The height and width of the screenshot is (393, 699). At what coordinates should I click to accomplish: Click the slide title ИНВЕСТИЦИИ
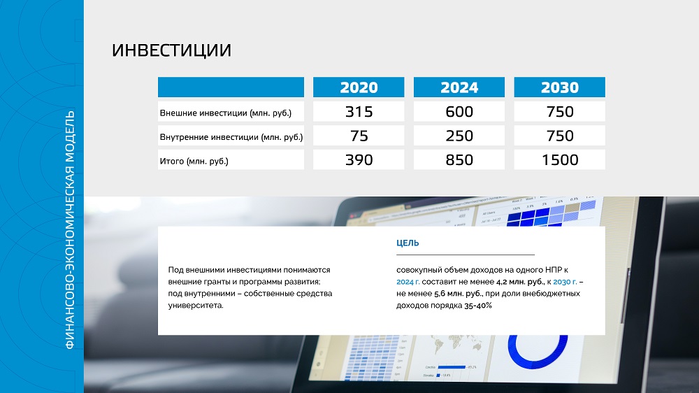[x=172, y=50]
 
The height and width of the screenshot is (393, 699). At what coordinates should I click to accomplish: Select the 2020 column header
[x=359, y=87]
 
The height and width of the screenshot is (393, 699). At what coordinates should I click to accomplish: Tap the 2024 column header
[x=459, y=87]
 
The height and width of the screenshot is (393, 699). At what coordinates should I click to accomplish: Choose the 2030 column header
[x=559, y=87]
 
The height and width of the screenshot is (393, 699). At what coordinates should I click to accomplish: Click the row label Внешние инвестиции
[x=226, y=113]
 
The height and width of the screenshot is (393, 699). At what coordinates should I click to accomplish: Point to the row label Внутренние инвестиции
[x=231, y=137]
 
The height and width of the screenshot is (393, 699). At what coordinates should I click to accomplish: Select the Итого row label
[x=194, y=161]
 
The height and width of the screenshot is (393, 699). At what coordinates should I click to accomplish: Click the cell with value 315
[x=359, y=111]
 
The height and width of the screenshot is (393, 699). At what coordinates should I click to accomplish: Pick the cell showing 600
[x=459, y=111]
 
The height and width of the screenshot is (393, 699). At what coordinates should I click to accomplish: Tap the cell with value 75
[x=359, y=136]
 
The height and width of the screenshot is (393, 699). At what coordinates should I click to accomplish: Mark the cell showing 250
[x=459, y=136]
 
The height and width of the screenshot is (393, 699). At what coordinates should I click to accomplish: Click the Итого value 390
[x=359, y=159]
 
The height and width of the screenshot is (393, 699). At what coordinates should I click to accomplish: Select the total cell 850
[x=459, y=159]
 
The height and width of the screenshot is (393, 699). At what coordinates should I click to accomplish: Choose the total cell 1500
[x=559, y=159]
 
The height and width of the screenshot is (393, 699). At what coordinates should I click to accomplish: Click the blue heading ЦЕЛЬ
[x=408, y=243]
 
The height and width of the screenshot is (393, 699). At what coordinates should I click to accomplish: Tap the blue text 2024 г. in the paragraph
[x=408, y=282]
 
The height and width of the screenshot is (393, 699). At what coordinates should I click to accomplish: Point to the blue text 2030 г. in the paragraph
[x=565, y=282]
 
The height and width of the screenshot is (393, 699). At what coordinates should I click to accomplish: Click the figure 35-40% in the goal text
[x=478, y=306]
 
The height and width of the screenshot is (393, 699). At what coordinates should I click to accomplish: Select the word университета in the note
[x=196, y=306]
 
